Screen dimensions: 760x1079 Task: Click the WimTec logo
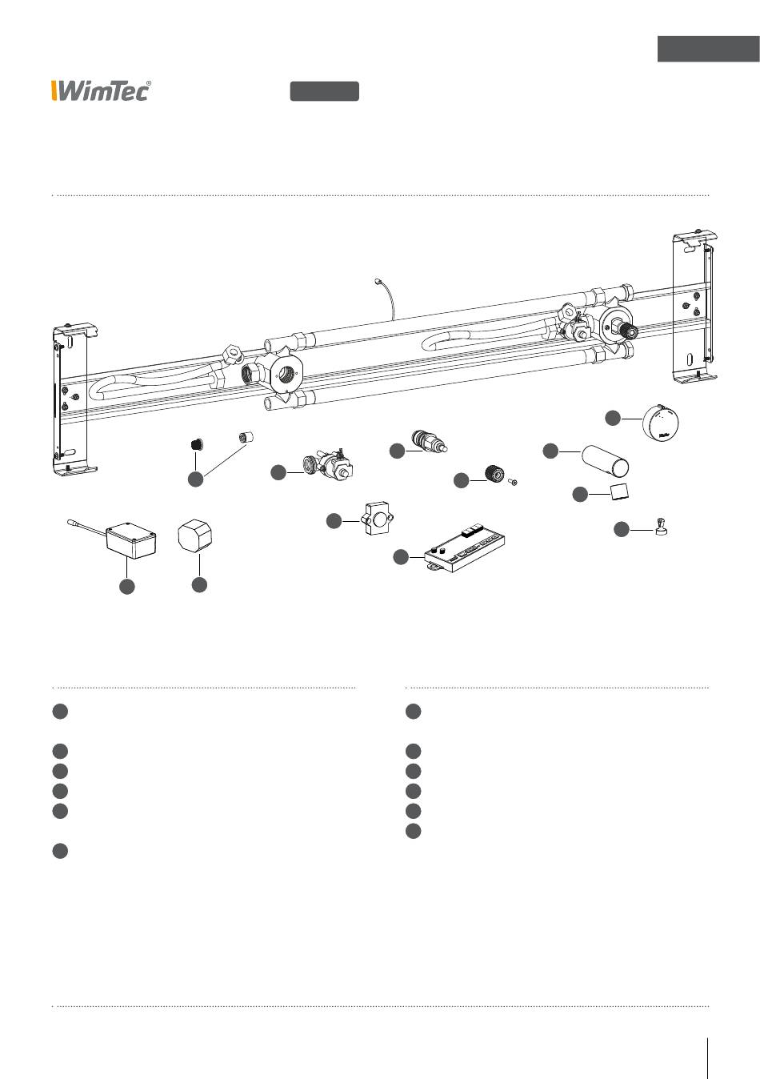pyautogui.click(x=101, y=90)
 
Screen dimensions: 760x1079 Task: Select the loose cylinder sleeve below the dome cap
pyautogui.click(x=605, y=460)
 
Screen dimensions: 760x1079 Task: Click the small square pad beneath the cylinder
pyautogui.click(x=619, y=491)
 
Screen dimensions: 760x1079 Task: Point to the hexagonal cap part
pyautogui.click(x=194, y=535)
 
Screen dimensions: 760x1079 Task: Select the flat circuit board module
pyautogui.click(x=464, y=548)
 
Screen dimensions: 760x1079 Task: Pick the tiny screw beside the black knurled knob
pyautogui.click(x=513, y=482)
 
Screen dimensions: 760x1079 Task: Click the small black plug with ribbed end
pyautogui.click(x=196, y=443)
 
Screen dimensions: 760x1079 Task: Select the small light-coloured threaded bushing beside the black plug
pyautogui.click(x=246, y=437)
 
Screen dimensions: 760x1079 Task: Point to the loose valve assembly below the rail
pyautogui.click(x=328, y=464)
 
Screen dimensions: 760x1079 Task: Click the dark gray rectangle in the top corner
pyautogui.click(x=709, y=49)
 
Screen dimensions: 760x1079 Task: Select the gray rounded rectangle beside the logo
pyautogui.click(x=325, y=91)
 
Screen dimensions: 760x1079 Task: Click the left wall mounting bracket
pyautogui.click(x=74, y=399)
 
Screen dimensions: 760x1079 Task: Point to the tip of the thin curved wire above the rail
pyautogui.click(x=377, y=279)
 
